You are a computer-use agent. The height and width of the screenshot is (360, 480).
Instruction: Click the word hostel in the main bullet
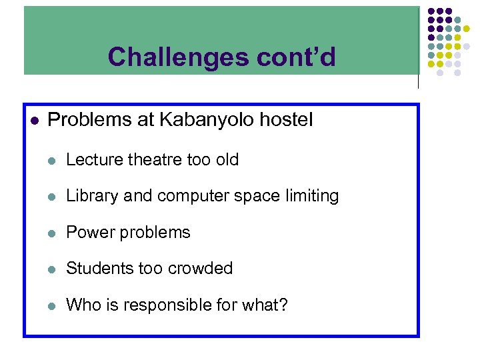(x=287, y=120)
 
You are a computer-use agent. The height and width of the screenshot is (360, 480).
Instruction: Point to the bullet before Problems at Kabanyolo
(x=35, y=121)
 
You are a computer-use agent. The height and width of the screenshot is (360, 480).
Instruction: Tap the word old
(x=227, y=160)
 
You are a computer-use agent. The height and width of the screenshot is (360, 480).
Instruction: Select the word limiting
(x=311, y=196)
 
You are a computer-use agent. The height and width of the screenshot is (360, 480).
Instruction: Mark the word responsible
(x=167, y=305)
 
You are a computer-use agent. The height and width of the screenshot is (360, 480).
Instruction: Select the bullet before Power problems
(x=53, y=233)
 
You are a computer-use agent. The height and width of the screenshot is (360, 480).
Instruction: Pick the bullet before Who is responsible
(x=53, y=306)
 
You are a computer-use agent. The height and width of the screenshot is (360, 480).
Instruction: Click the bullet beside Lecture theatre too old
(x=53, y=161)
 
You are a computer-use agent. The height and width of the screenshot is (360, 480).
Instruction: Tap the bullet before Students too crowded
(x=53, y=269)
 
